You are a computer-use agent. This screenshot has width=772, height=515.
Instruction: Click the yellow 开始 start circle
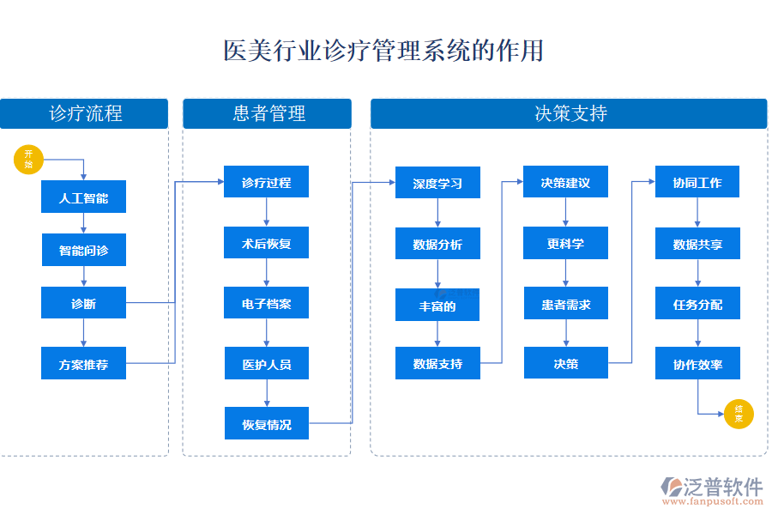(29, 160)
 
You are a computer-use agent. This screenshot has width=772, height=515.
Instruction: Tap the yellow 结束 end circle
(739, 415)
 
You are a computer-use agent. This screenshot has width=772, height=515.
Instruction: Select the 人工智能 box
(83, 197)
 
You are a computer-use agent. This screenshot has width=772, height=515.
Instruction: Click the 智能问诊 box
(83, 251)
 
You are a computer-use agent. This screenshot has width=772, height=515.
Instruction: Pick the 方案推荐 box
(83, 364)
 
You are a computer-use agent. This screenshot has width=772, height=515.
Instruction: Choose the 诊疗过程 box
(266, 183)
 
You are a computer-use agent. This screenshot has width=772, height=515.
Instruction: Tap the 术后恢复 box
(266, 244)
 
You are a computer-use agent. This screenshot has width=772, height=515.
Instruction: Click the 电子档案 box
(266, 304)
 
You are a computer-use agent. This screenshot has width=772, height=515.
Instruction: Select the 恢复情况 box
(266, 424)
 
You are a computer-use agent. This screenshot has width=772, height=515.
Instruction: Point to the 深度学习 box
(437, 183)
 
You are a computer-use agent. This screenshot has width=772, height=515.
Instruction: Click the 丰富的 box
(437, 305)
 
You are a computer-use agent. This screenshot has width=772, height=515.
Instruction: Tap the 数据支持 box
(437, 363)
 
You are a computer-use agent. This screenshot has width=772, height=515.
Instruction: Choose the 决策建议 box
(565, 183)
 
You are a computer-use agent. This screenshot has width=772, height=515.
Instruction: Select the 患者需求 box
(565, 304)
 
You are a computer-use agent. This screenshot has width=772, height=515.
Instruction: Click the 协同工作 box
(697, 183)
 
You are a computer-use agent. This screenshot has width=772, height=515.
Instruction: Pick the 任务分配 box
(697, 304)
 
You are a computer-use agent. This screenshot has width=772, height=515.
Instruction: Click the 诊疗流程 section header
(84, 113)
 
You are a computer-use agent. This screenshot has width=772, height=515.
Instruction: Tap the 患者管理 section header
(267, 113)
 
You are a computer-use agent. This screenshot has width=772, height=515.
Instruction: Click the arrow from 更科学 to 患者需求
(565, 274)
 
